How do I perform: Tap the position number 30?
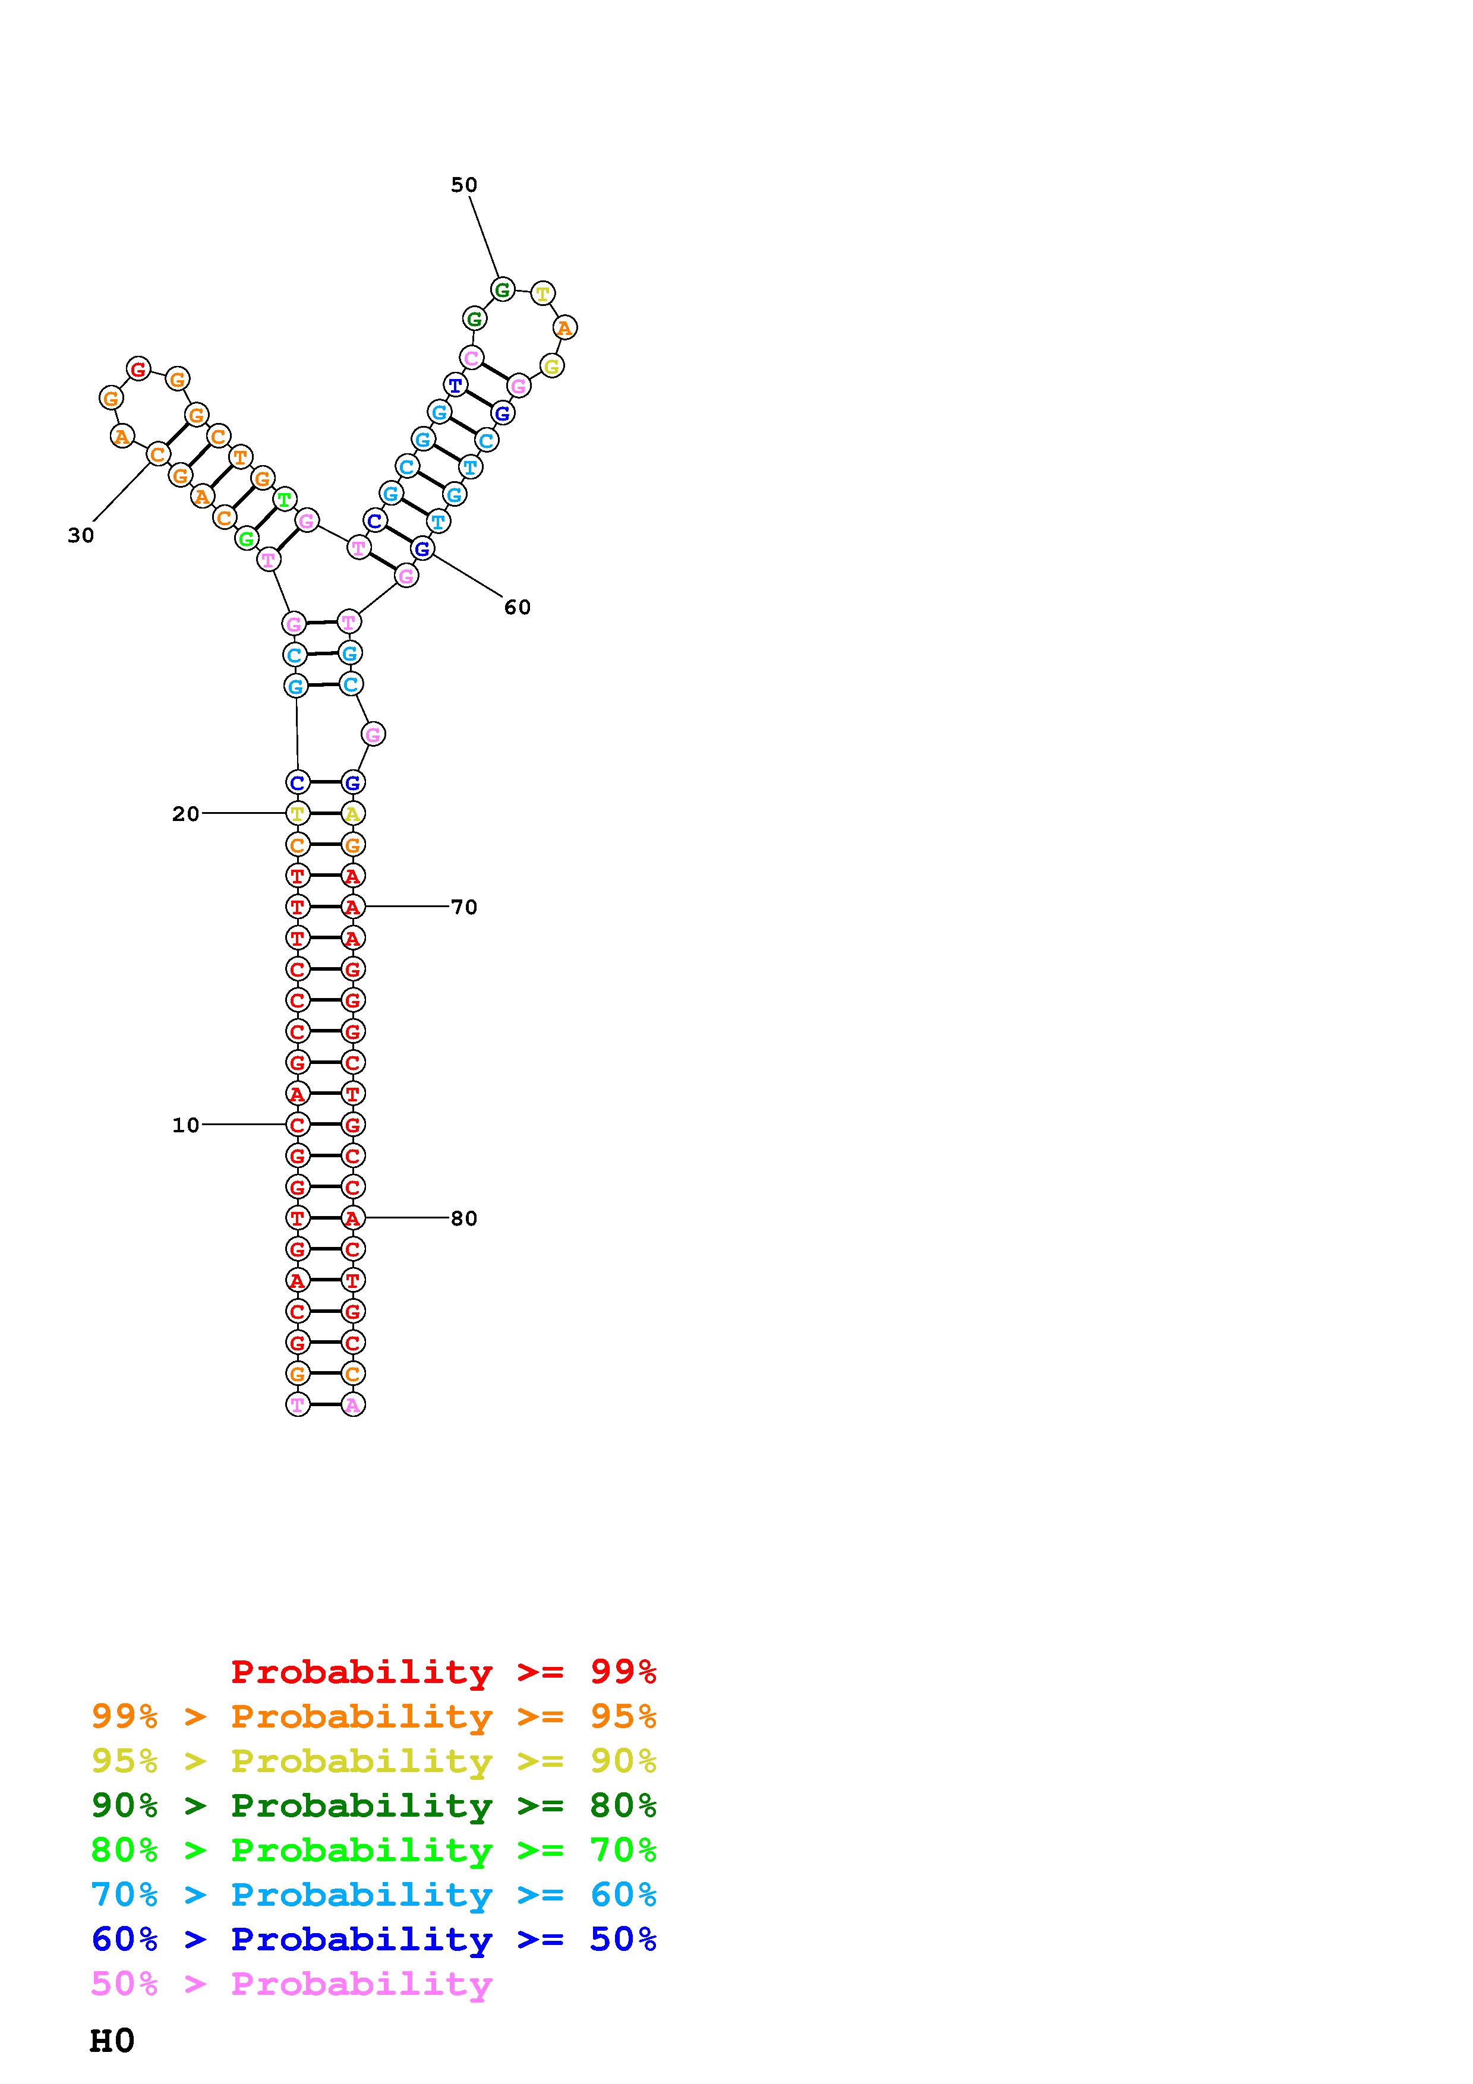tap(81, 535)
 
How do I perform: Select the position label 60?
tap(518, 607)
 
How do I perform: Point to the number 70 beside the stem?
tap(464, 907)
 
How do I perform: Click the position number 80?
tap(464, 1218)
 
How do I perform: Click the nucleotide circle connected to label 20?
tap(298, 813)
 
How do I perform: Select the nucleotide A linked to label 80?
tap(353, 1218)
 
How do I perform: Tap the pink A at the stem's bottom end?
tap(353, 1405)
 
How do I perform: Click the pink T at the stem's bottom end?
tap(298, 1405)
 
